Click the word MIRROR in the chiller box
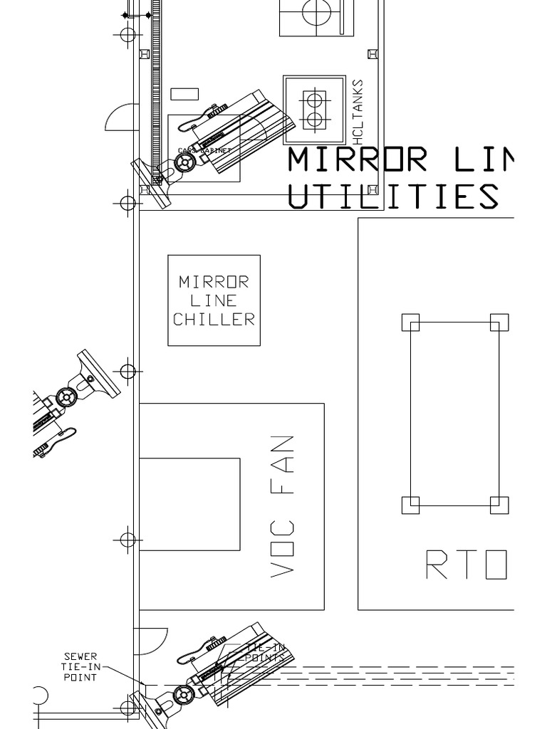click(x=214, y=282)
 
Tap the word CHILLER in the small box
click(x=214, y=319)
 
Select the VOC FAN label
click(x=283, y=505)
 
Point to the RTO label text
click(x=467, y=566)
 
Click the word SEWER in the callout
click(x=80, y=656)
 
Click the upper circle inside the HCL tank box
click(x=313, y=98)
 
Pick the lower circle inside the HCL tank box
click(x=313, y=119)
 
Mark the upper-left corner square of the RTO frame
click(x=410, y=322)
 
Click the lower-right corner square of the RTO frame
click(x=499, y=505)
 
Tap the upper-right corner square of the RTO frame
click(x=499, y=322)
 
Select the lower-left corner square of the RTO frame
click(x=410, y=505)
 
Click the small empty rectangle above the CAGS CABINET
click(x=184, y=93)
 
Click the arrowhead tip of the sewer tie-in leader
click(x=144, y=685)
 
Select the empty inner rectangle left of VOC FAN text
click(x=189, y=504)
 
